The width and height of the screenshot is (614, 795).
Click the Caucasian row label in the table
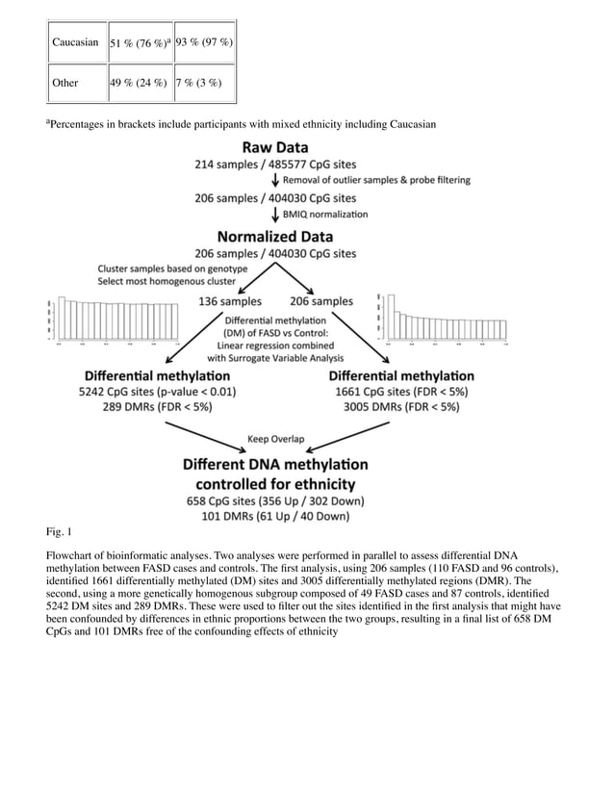pos(75,43)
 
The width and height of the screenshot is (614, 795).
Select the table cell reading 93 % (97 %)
pos(204,43)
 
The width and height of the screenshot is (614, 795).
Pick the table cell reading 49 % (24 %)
pos(139,83)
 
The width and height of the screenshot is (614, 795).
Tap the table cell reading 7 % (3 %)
pos(200,83)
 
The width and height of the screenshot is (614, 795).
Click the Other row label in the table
pos(65,83)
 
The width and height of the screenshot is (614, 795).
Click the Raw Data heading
pos(275,148)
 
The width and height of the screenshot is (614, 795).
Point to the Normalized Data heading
pos(275,236)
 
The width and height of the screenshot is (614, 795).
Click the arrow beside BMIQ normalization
pos(275,215)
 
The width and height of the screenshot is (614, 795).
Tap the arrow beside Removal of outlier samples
pos(275,182)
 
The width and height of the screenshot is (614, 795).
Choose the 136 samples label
pos(230,301)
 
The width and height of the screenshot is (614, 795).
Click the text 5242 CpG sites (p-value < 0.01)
pos(157,393)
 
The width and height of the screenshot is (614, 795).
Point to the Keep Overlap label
pos(275,439)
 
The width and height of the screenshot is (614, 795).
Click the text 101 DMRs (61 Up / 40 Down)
pos(275,518)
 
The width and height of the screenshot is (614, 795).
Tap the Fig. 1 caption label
pos(59,531)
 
